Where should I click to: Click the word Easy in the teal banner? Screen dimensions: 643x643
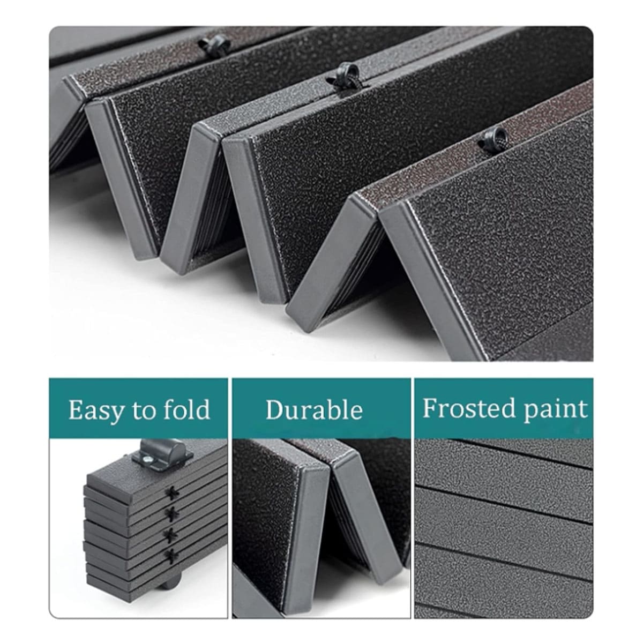(x=95, y=410)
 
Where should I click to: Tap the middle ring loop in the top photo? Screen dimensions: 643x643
(x=346, y=74)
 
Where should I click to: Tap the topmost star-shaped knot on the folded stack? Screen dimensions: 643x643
(x=172, y=494)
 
